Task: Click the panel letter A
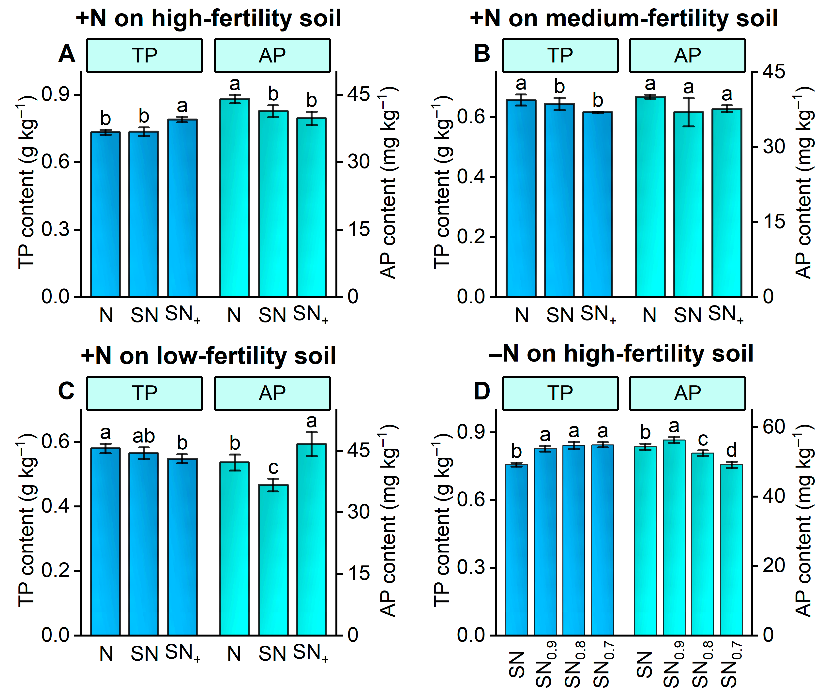pyautogui.click(x=67, y=54)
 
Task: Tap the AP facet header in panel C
pyautogui.click(x=272, y=393)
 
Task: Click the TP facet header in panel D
pyautogui.click(x=559, y=393)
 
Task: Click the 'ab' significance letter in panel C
pyautogui.click(x=143, y=436)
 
